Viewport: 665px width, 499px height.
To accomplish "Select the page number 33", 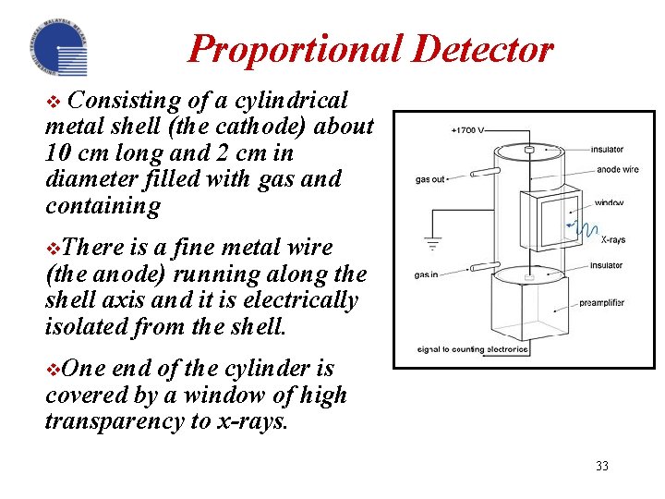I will pos(602,466).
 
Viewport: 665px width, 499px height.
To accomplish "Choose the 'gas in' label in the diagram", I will pos(426,274).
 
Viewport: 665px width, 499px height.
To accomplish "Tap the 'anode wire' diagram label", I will pos(618,169).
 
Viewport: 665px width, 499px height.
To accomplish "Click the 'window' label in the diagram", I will pos(610,202).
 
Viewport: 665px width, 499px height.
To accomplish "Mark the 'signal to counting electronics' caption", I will pos(473,349).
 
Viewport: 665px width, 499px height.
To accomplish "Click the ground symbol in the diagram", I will pos(431,245).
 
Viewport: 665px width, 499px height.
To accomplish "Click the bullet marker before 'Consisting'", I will pos(52,101).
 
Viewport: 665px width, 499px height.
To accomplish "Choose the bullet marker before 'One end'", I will pos(52,369).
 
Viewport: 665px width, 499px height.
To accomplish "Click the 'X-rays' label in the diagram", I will pos(613,239).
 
